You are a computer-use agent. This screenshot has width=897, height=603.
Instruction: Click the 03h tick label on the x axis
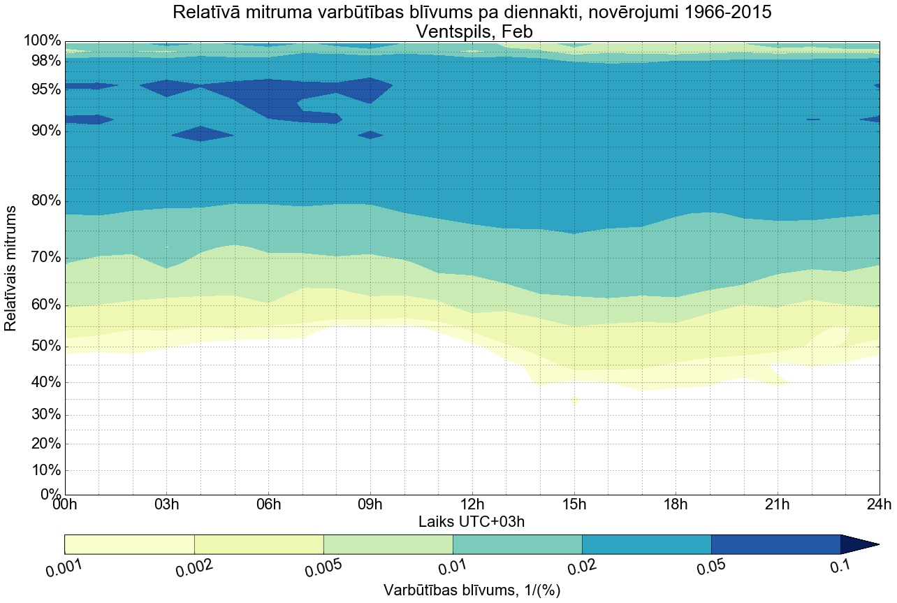pyautogui.click(x=166, y=504)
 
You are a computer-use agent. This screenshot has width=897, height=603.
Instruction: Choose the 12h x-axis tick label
pyautogui.click(x=472, y=504)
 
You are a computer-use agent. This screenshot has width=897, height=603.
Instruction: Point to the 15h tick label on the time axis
pyautogui.click(x=574, y=504)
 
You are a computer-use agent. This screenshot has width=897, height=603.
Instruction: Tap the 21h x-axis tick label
pyautogui.click(x=778, y=504)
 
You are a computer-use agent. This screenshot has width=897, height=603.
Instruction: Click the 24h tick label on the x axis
pyautogui.click(x=878, y=504)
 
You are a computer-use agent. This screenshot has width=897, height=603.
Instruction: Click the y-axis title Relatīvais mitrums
pyautogui.click(x=11, y=268)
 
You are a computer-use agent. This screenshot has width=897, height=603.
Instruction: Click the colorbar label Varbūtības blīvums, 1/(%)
pyautogui.click(x=472, y=590)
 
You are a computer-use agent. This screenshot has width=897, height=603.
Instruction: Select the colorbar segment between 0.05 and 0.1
pyautogui.click(x=775, y=544)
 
